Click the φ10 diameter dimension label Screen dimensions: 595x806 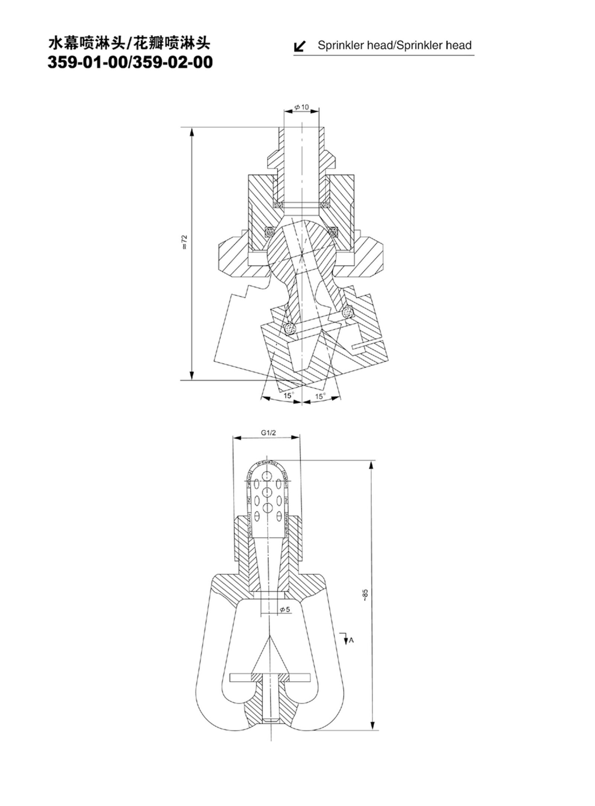[301, 107]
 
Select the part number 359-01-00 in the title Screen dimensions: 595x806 [88, 62]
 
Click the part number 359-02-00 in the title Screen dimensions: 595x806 [173, 62]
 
